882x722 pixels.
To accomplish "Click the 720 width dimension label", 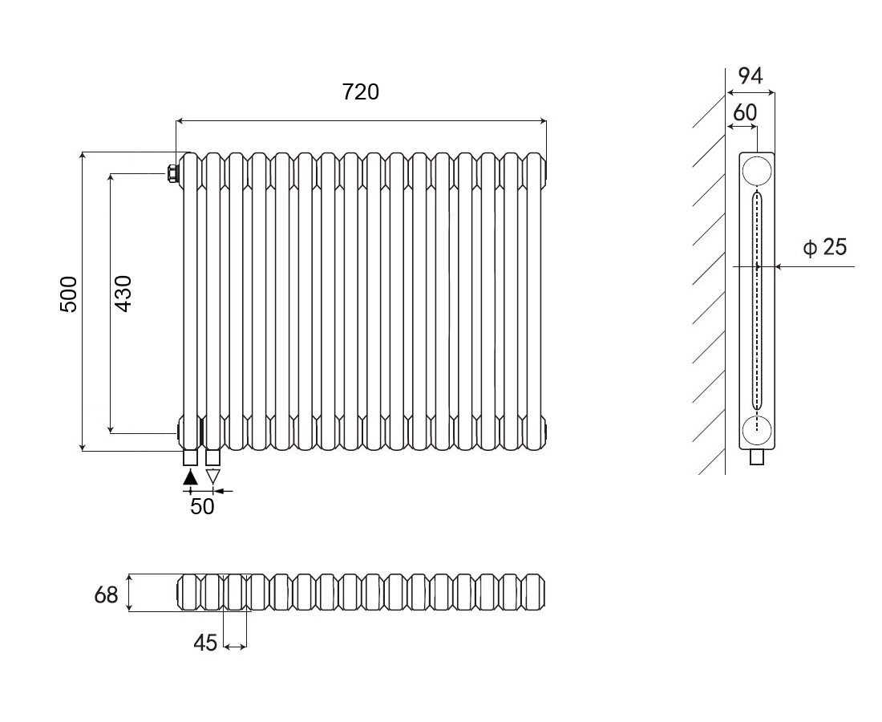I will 360,92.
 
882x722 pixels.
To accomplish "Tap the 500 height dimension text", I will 69,294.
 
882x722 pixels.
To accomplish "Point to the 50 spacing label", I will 202,507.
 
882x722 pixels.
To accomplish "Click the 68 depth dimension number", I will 106,594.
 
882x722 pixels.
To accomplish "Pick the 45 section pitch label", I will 205,643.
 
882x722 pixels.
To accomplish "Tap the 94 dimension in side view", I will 750,76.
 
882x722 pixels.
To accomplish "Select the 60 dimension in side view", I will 745,112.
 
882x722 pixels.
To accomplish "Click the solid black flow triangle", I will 190,477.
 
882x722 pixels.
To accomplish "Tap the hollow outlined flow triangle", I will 212,477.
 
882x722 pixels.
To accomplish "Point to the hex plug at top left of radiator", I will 172,172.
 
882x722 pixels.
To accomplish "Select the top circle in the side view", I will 756,171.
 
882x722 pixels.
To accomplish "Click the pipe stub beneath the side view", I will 758,458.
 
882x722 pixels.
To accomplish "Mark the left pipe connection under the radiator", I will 190,458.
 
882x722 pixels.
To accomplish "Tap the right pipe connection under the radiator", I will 212,458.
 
